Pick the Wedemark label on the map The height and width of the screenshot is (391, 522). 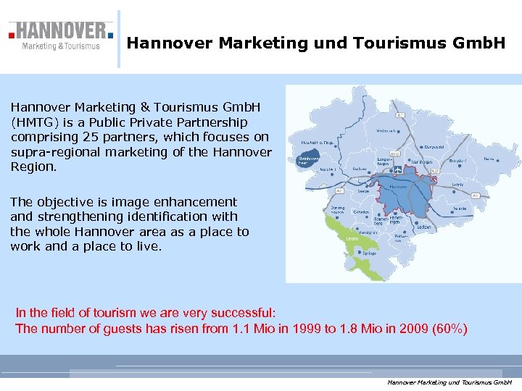[386, 131]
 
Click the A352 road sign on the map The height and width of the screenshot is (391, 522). [395, 154]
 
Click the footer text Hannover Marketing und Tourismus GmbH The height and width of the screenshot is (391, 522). [449, 382]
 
